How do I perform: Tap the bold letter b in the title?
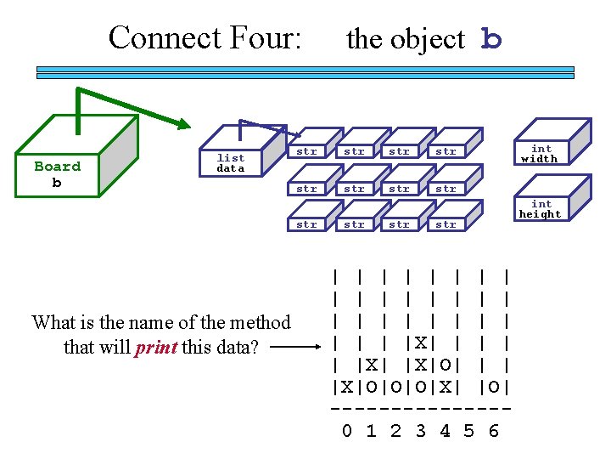click(x=491, y=39)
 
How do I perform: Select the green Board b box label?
click(x=57, y=174)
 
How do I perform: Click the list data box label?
click(x=230, y=163)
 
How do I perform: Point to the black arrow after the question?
click(x=296, y=348)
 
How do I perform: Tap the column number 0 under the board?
click(x=347, y=431)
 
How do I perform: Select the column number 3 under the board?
click(x=420, y=431)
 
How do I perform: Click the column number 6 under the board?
click(x=494, y=431)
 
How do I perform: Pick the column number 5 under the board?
click(x=469, y=431)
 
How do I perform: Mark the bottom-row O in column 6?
click(x=494, y=388)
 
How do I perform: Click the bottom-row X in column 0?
click(x=347, y=388)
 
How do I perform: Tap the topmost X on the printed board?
click(x=420, y=344)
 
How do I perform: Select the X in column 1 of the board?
click(x=372, y=366)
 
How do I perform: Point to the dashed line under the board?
click(x=420, y=409)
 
